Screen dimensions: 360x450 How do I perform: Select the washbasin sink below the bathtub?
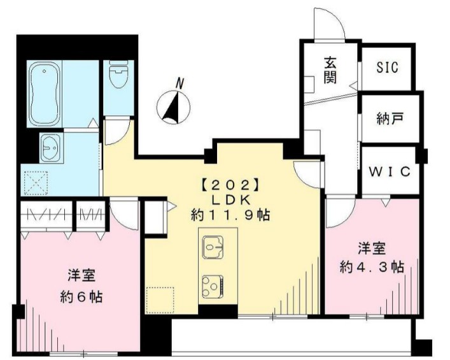[x=49, y=148]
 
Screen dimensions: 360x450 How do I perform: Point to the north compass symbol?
[x=173, y=104]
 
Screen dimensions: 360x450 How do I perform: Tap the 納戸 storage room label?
[x=388, y=118]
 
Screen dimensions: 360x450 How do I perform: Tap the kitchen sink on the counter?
[x=212, y=245]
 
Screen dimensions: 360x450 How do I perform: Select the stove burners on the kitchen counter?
[x=212, y=283]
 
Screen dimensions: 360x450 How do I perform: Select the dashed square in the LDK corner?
[x=159, y=300]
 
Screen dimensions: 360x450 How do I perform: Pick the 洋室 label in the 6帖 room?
[x=81, y=276]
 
